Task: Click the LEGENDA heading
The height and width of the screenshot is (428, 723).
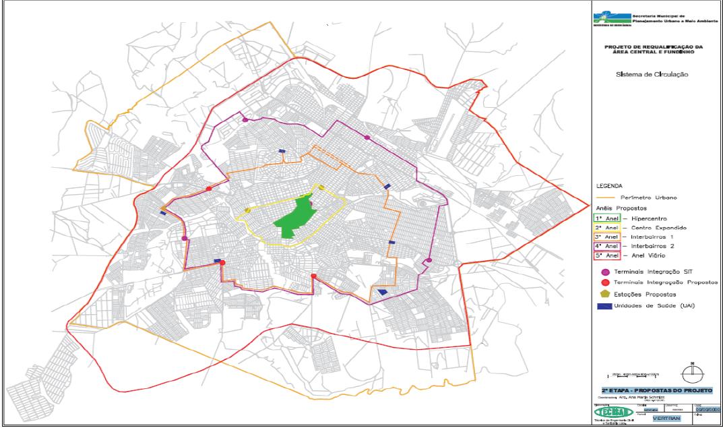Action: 610,185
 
